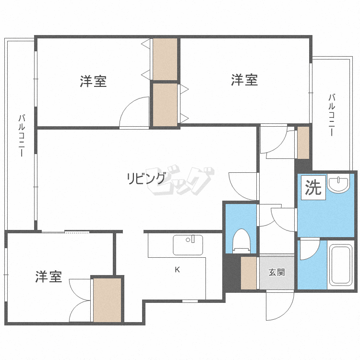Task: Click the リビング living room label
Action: [146, 179]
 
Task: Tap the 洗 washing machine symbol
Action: [313, 187]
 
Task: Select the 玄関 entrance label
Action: [276, 272]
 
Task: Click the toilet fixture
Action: [241, 241]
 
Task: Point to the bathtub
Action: [341, 264]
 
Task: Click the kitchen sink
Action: [188, 245]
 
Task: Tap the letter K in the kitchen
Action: [177, 270]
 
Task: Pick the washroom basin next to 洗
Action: [339, 183]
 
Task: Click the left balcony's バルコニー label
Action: [22, 135]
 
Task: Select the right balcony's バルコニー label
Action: [332, 115]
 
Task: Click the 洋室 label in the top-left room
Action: [93, 81]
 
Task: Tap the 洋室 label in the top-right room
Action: [244, 80]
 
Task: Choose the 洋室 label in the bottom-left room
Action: [48, 276]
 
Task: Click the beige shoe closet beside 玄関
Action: [249, 273]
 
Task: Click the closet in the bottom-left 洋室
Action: [107, 300]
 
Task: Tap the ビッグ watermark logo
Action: [180, 180]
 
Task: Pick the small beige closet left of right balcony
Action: [303, 143]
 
